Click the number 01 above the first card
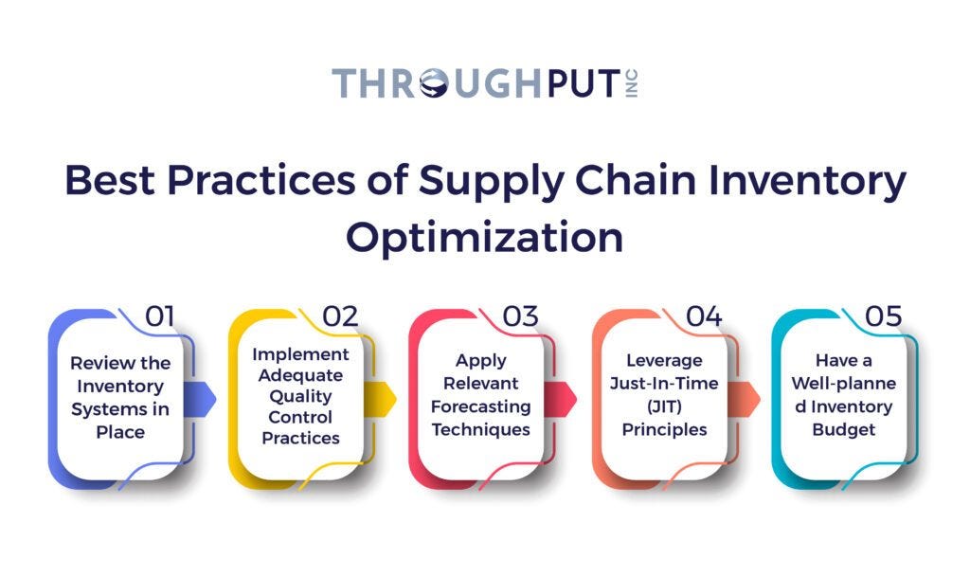tap(158, 316)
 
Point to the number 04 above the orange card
tap(704, 316)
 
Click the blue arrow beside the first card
tap(207, 398)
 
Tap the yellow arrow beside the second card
tap(386, 398)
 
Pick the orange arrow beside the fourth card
tap(750, 398)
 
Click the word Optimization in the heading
tap(484, 237)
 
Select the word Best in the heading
tap(115, 181)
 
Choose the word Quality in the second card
tap(302, 396)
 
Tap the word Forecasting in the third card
tap(482, 406)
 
